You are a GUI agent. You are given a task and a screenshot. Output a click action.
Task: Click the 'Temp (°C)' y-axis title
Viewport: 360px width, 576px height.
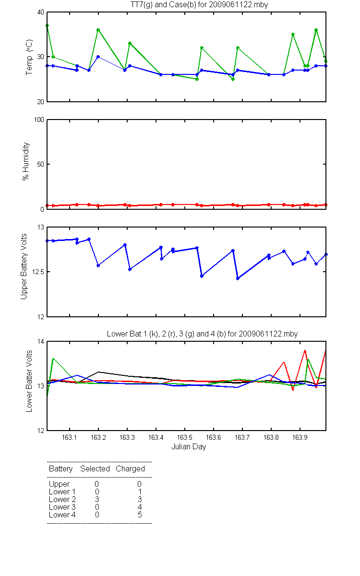coord(29,57)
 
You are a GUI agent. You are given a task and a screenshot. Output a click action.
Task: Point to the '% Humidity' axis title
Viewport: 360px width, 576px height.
coord(26,161)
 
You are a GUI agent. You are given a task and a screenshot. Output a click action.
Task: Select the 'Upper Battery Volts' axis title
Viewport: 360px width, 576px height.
coord(24,266)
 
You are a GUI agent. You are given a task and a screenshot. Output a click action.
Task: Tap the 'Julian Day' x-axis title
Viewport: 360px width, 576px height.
coord(189,447)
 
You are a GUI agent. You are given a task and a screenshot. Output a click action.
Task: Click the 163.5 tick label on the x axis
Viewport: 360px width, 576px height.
coord(185,437)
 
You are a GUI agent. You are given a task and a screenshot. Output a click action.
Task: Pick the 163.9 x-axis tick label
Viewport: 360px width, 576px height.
coord(300,437)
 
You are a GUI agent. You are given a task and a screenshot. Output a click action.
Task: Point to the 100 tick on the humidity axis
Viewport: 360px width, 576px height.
coord(39,120)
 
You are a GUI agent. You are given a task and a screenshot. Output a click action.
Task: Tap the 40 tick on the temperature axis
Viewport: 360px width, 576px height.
coord(41,12)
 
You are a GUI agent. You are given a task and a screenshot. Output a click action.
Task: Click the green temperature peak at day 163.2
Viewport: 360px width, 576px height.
coord(98,30)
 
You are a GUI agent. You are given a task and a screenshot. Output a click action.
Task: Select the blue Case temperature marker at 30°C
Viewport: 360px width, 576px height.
coord(98,57)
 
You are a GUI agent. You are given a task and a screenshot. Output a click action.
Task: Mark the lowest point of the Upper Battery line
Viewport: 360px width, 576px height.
coord(238,278)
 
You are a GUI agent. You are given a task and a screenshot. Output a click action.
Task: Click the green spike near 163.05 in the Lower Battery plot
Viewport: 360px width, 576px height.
coord(53,358)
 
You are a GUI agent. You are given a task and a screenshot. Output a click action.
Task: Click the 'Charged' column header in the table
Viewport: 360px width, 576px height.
coord(130,469)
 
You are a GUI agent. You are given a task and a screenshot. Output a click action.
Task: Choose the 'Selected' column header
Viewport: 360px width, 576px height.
coord(95,469)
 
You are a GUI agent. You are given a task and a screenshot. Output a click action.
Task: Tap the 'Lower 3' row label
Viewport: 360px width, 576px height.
coord(62,507)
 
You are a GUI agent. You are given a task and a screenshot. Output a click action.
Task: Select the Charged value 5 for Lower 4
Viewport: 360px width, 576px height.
coord(140,515)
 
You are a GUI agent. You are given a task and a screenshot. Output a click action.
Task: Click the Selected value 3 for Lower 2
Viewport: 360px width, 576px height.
coord(97,499)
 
